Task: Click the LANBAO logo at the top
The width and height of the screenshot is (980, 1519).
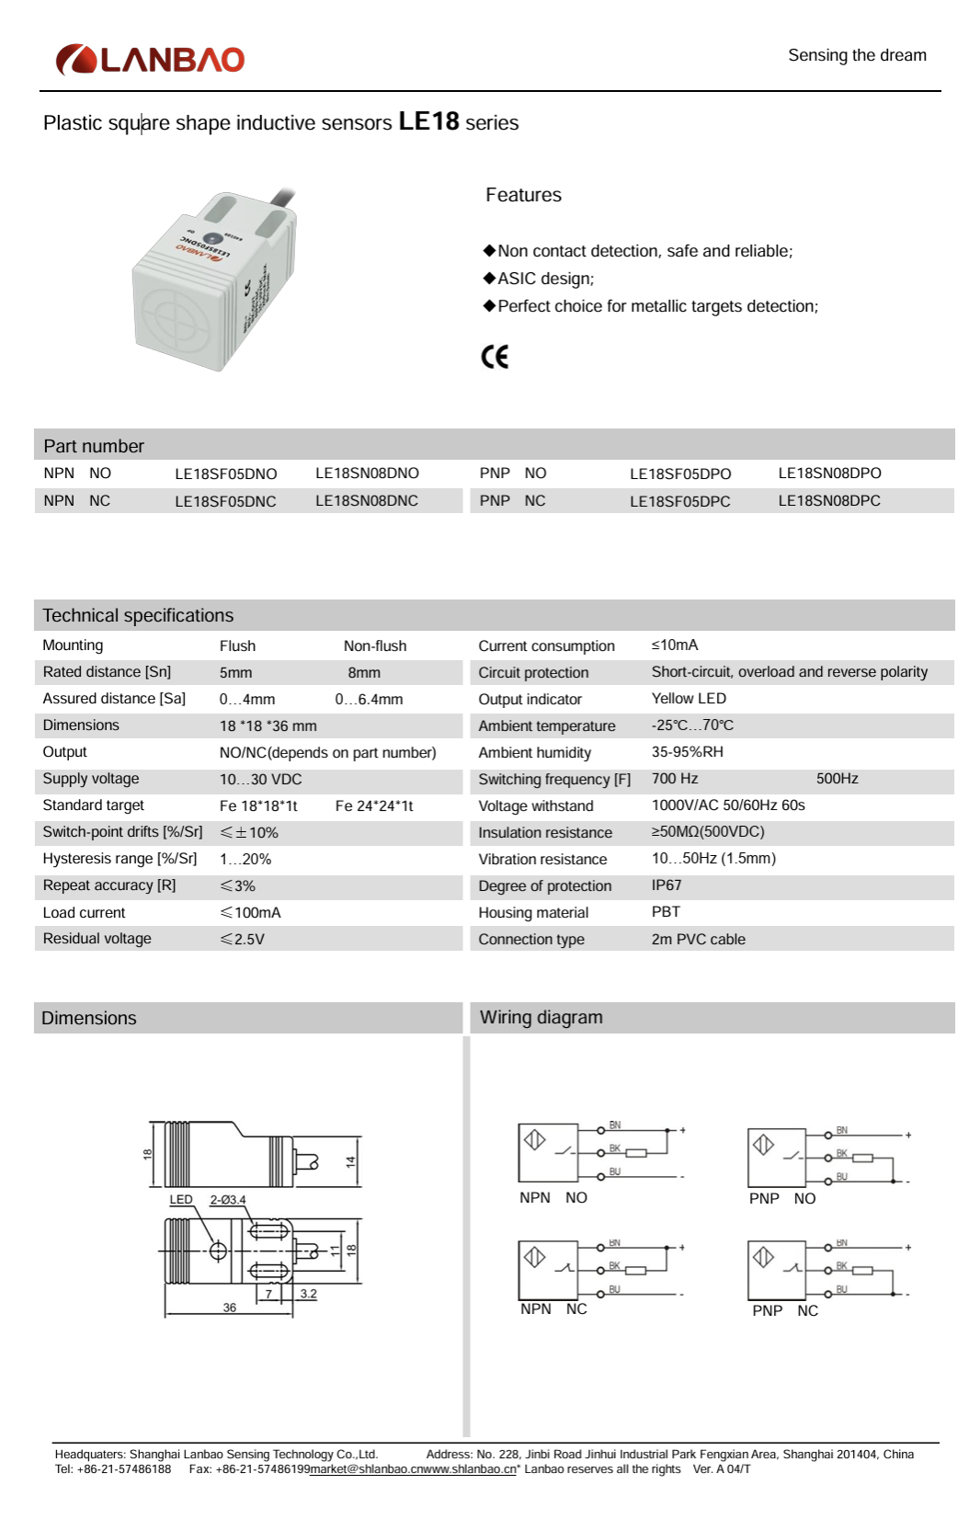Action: click(150, 60)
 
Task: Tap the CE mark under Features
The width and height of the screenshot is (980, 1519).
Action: click(495, 357)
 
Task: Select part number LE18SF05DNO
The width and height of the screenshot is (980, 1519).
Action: click(225, 474)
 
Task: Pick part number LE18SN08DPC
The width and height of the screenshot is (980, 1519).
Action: click(828, 501)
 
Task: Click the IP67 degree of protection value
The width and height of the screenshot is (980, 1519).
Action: click(667, 885)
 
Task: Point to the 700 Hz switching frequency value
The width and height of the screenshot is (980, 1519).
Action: click(675, 779)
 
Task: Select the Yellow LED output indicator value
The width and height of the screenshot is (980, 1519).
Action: click(689, 699)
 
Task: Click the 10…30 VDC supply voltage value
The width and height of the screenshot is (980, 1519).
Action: click(260, 780)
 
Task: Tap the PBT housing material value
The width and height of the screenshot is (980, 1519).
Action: click(666, 912)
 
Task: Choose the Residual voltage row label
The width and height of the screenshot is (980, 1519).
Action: click(97, 939)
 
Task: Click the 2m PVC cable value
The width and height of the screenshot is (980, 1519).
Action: click(698, 940)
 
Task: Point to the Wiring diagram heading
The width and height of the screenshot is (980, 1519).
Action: click(541, 1018)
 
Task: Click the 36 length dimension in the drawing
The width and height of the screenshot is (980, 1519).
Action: click(229, 1308)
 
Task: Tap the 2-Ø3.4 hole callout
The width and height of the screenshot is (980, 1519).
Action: click(228, 1200)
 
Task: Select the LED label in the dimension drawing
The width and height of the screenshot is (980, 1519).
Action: click(181, 1200)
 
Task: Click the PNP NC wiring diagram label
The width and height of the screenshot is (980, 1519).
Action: click(784, 1311)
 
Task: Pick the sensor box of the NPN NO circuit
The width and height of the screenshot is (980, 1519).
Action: click(548, 1152)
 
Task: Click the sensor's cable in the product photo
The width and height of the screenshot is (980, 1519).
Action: click(282, 198)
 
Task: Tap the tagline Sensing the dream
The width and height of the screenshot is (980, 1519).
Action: click(857, 55)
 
